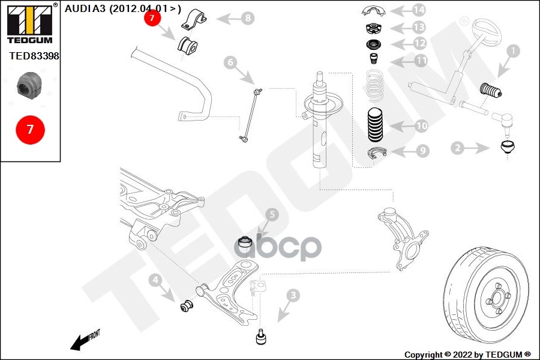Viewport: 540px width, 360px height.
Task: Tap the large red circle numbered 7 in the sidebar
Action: tap(30, 129)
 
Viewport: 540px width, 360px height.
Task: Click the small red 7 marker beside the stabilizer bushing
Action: tap(152, 19)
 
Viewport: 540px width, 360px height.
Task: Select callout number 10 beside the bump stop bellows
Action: tap(421, 126)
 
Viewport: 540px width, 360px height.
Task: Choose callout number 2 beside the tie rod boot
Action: tap(458, 147)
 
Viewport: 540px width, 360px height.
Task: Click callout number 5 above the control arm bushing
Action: tap(271, 214)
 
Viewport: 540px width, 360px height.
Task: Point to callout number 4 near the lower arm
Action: tap(155, 280)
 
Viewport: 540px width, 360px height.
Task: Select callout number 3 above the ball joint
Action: tap(292, 295)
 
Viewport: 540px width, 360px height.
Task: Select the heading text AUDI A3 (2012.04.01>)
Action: tap(122, 8)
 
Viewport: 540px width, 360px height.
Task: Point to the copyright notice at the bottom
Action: tap(467, 355)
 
